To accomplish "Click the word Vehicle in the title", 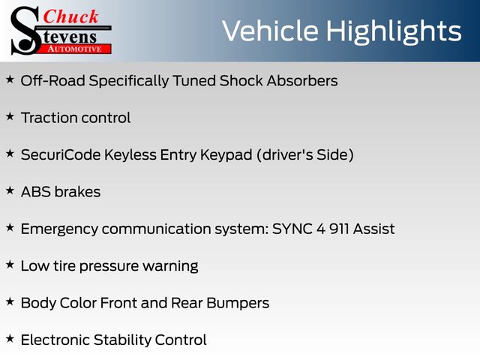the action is click(270, 31).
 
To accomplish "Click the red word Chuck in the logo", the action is click(70, 16).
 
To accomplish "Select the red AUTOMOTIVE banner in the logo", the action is click(76, 49).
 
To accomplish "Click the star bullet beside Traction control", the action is click(10, 117).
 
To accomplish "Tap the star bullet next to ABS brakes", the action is click(10, 190).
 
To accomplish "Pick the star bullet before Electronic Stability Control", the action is click(10, 339).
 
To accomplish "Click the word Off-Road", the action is click(53, 81).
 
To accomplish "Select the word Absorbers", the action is click(302, 81).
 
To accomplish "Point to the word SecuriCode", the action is click(61, 155).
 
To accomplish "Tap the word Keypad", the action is click(226, 156).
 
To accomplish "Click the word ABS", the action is click(36, 192).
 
